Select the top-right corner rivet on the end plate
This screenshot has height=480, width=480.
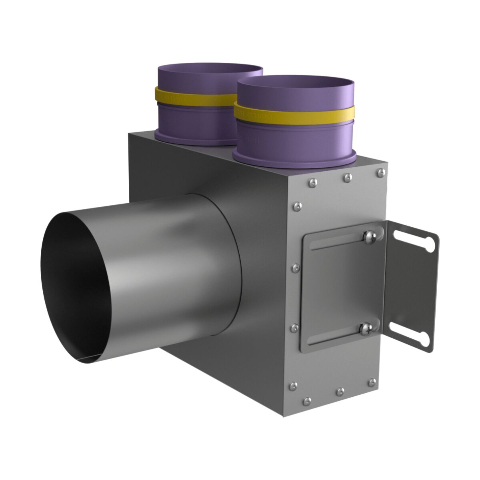380,172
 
